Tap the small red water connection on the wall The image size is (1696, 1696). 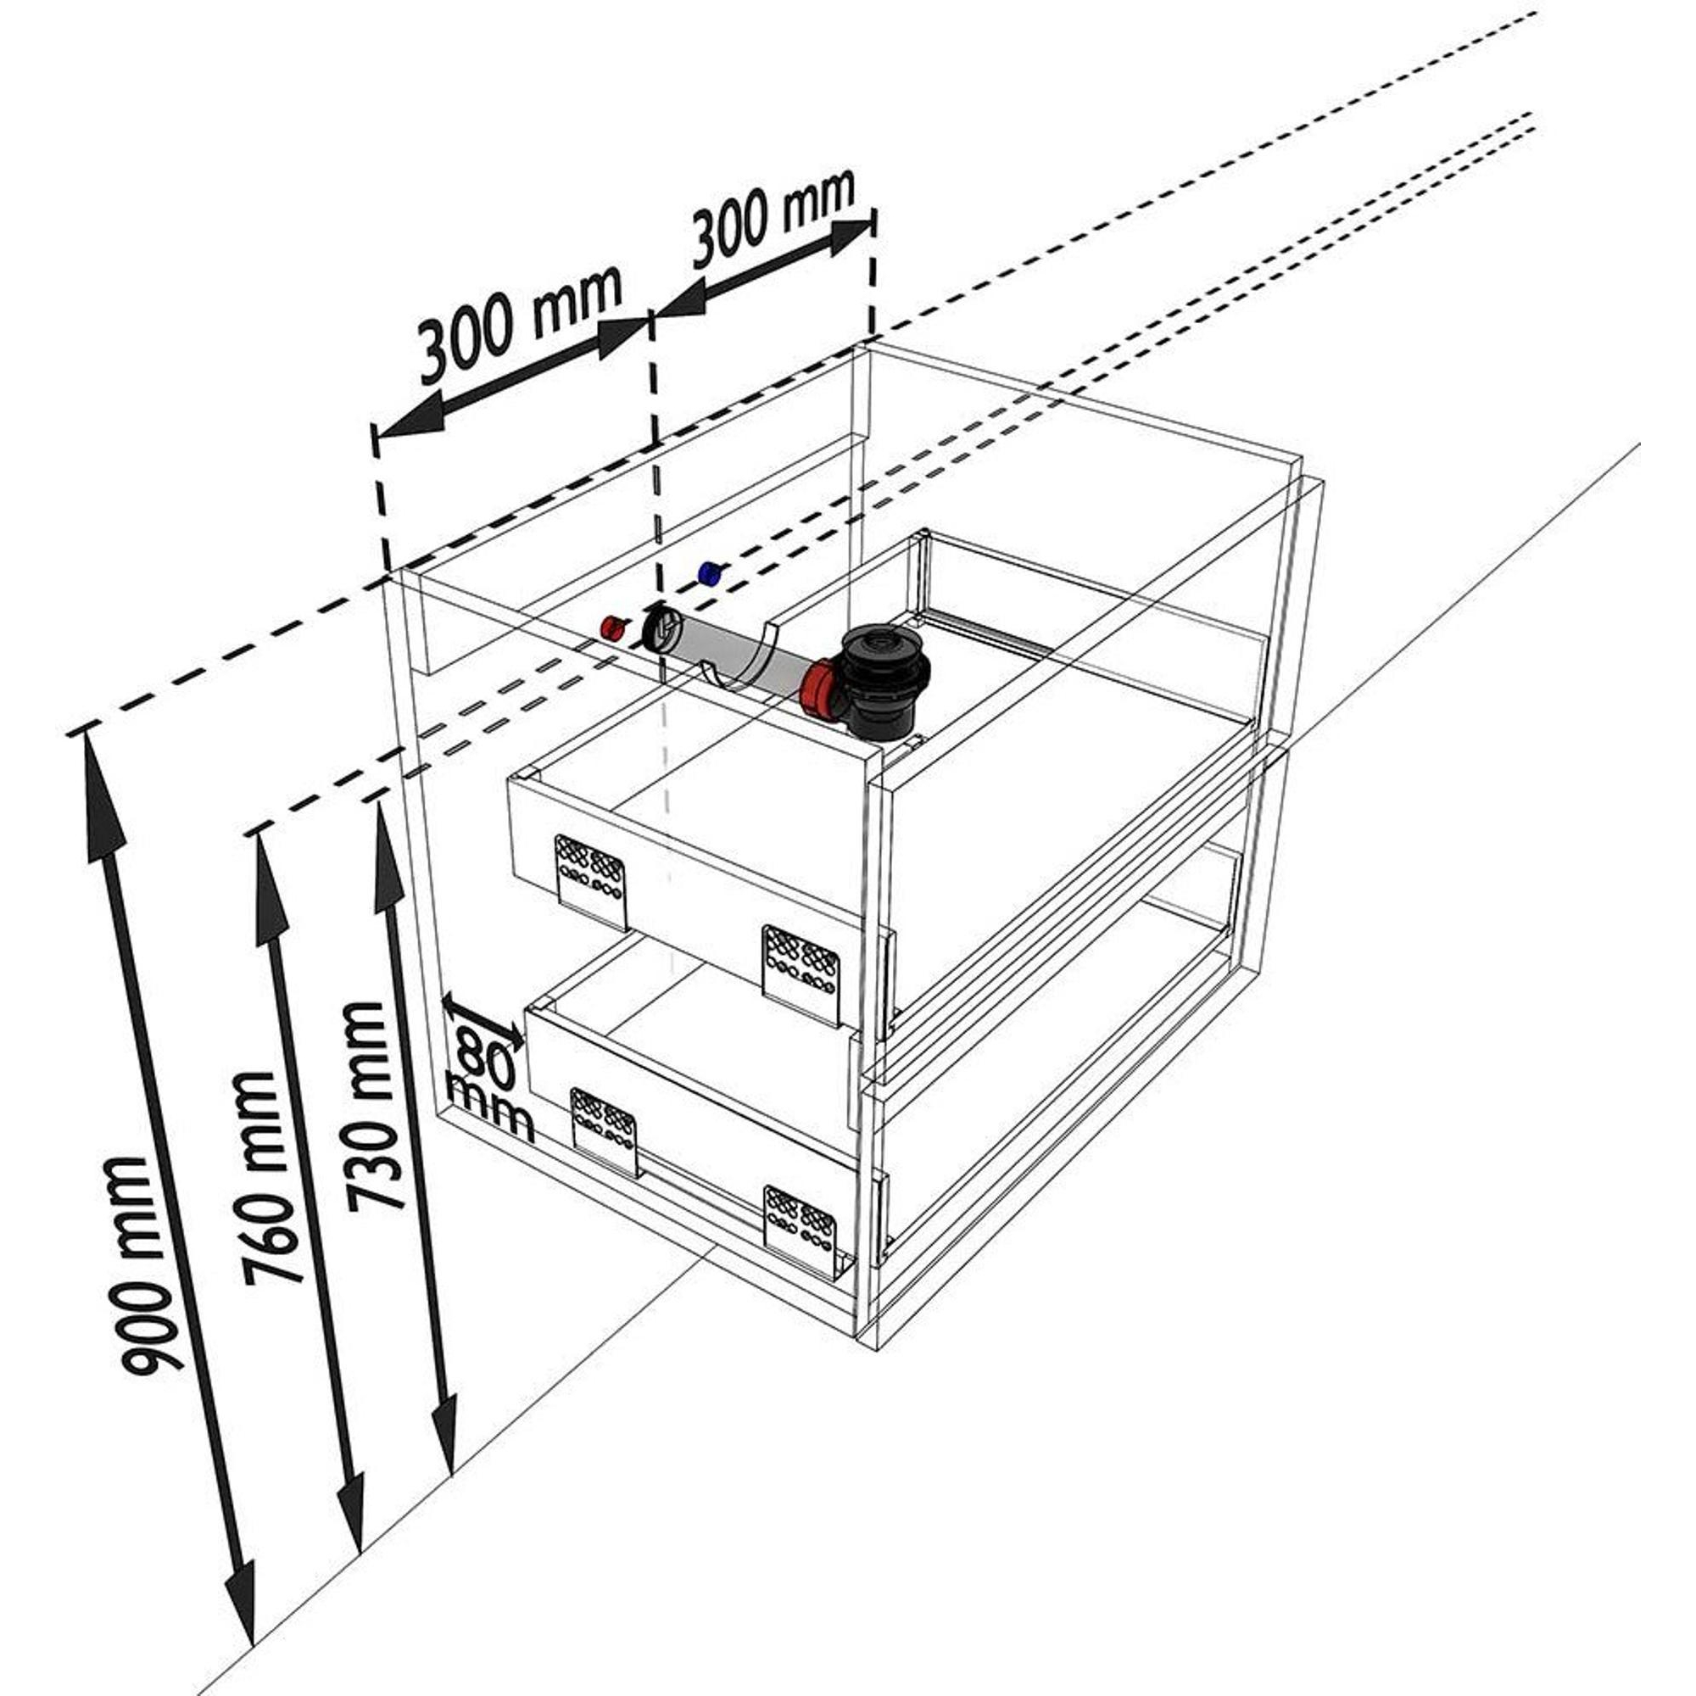[x=613, y=627]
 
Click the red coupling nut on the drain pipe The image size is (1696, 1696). [x=818, y=689]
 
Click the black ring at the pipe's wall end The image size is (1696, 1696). [x=658, y=628]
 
